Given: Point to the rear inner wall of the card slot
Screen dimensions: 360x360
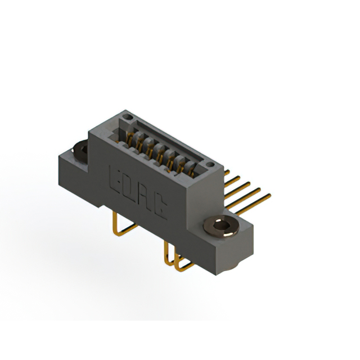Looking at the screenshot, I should point(169,141).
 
